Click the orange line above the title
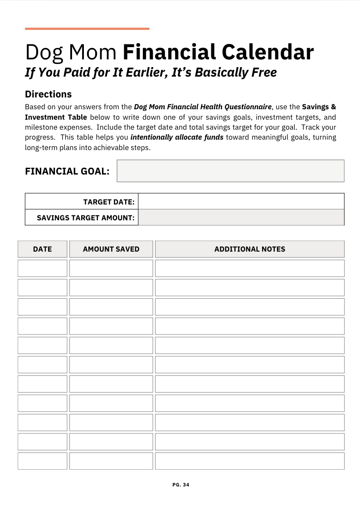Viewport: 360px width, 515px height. [87, 29]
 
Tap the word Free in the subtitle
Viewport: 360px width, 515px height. [262, 72]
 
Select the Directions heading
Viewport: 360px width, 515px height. [48, 94]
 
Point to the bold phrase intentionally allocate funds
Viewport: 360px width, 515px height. [177, 137]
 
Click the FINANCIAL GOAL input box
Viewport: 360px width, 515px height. [230, 171]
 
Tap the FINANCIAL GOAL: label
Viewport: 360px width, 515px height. [67, 171]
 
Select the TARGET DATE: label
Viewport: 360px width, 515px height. [109, 202]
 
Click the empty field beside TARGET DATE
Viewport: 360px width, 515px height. [241, 201]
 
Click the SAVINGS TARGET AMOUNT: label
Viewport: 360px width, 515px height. [86, 218]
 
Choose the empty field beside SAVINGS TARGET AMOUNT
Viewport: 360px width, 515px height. [241, 217]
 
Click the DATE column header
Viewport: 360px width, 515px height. [43, 249]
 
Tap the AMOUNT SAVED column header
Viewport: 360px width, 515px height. [111, 249]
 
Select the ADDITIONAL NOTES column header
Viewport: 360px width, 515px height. [250, 249]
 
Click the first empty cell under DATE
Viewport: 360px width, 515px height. [43, 268]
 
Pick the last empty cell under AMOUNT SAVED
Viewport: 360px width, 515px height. [111, 461]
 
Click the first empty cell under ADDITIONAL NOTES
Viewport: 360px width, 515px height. [250, 268]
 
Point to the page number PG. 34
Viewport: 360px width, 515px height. [181, 485]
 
